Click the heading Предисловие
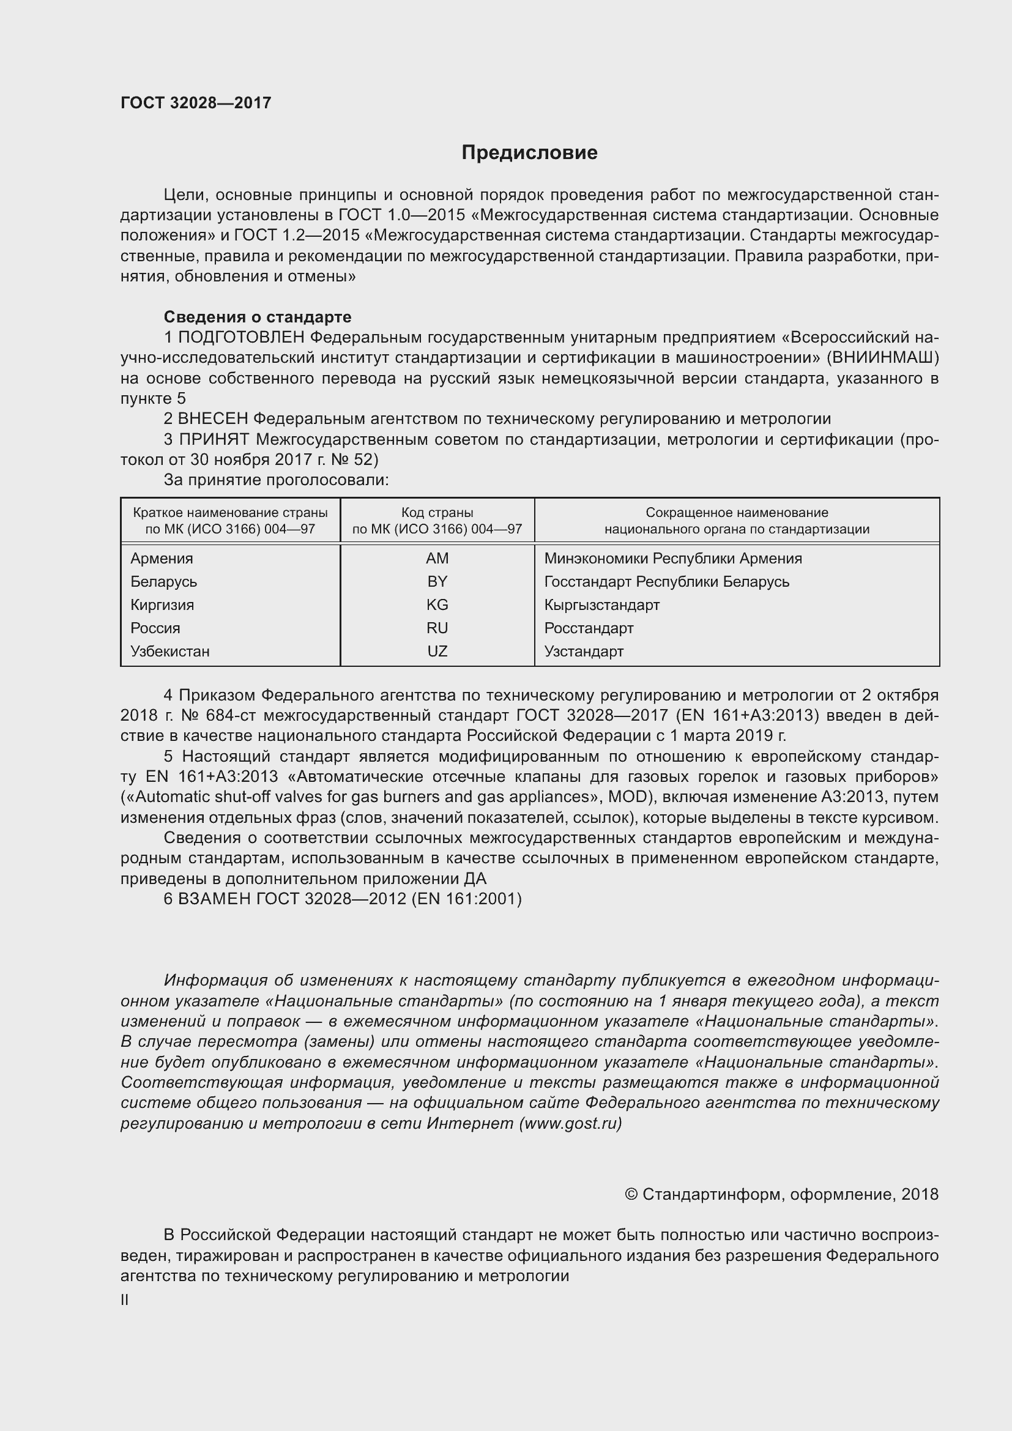coord(529,153)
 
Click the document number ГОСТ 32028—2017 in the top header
coord(196,103)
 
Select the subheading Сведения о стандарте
coord(258,317)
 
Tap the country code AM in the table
coord(437,559)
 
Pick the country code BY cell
coord(437,581)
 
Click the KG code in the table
coord(437,604)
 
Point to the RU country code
coord(437,628)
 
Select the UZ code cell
coord(437,652)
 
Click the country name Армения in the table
coord(162,559)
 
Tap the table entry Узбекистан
coord(169,652)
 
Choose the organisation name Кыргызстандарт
coord(601,604)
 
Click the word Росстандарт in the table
coord(588,628)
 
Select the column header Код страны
coord(437,512)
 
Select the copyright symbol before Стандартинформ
coord(631,1194)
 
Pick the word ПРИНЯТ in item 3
coord(214,439)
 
